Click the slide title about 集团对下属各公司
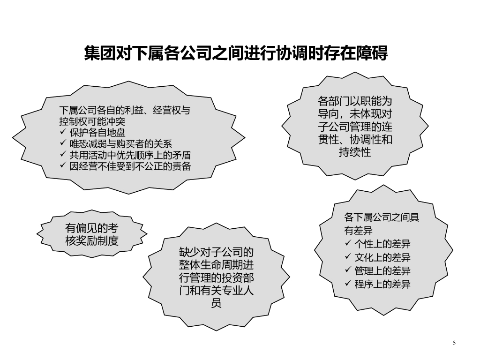[x=236, y=53]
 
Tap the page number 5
[x=454, y=343]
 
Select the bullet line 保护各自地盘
[x=98, y=133]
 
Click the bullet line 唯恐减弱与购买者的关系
[x=121, y=144]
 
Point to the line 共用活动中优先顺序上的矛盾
[x=130, y=155]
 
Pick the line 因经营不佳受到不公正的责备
[x=130, y=166]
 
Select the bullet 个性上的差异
[x=382, y=244]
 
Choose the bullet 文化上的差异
[x=382, y=257]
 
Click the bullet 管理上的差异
[x=382, y=270]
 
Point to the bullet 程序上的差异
[x=382, y=284]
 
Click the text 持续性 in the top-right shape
[x=355, y=152]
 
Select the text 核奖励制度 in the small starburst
[x=92, y=241]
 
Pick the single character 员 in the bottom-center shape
[x=216, y=303]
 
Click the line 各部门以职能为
[x=355, y=101]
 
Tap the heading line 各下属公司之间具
[x=382, y=217]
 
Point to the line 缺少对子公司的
[x=216, y=253]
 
